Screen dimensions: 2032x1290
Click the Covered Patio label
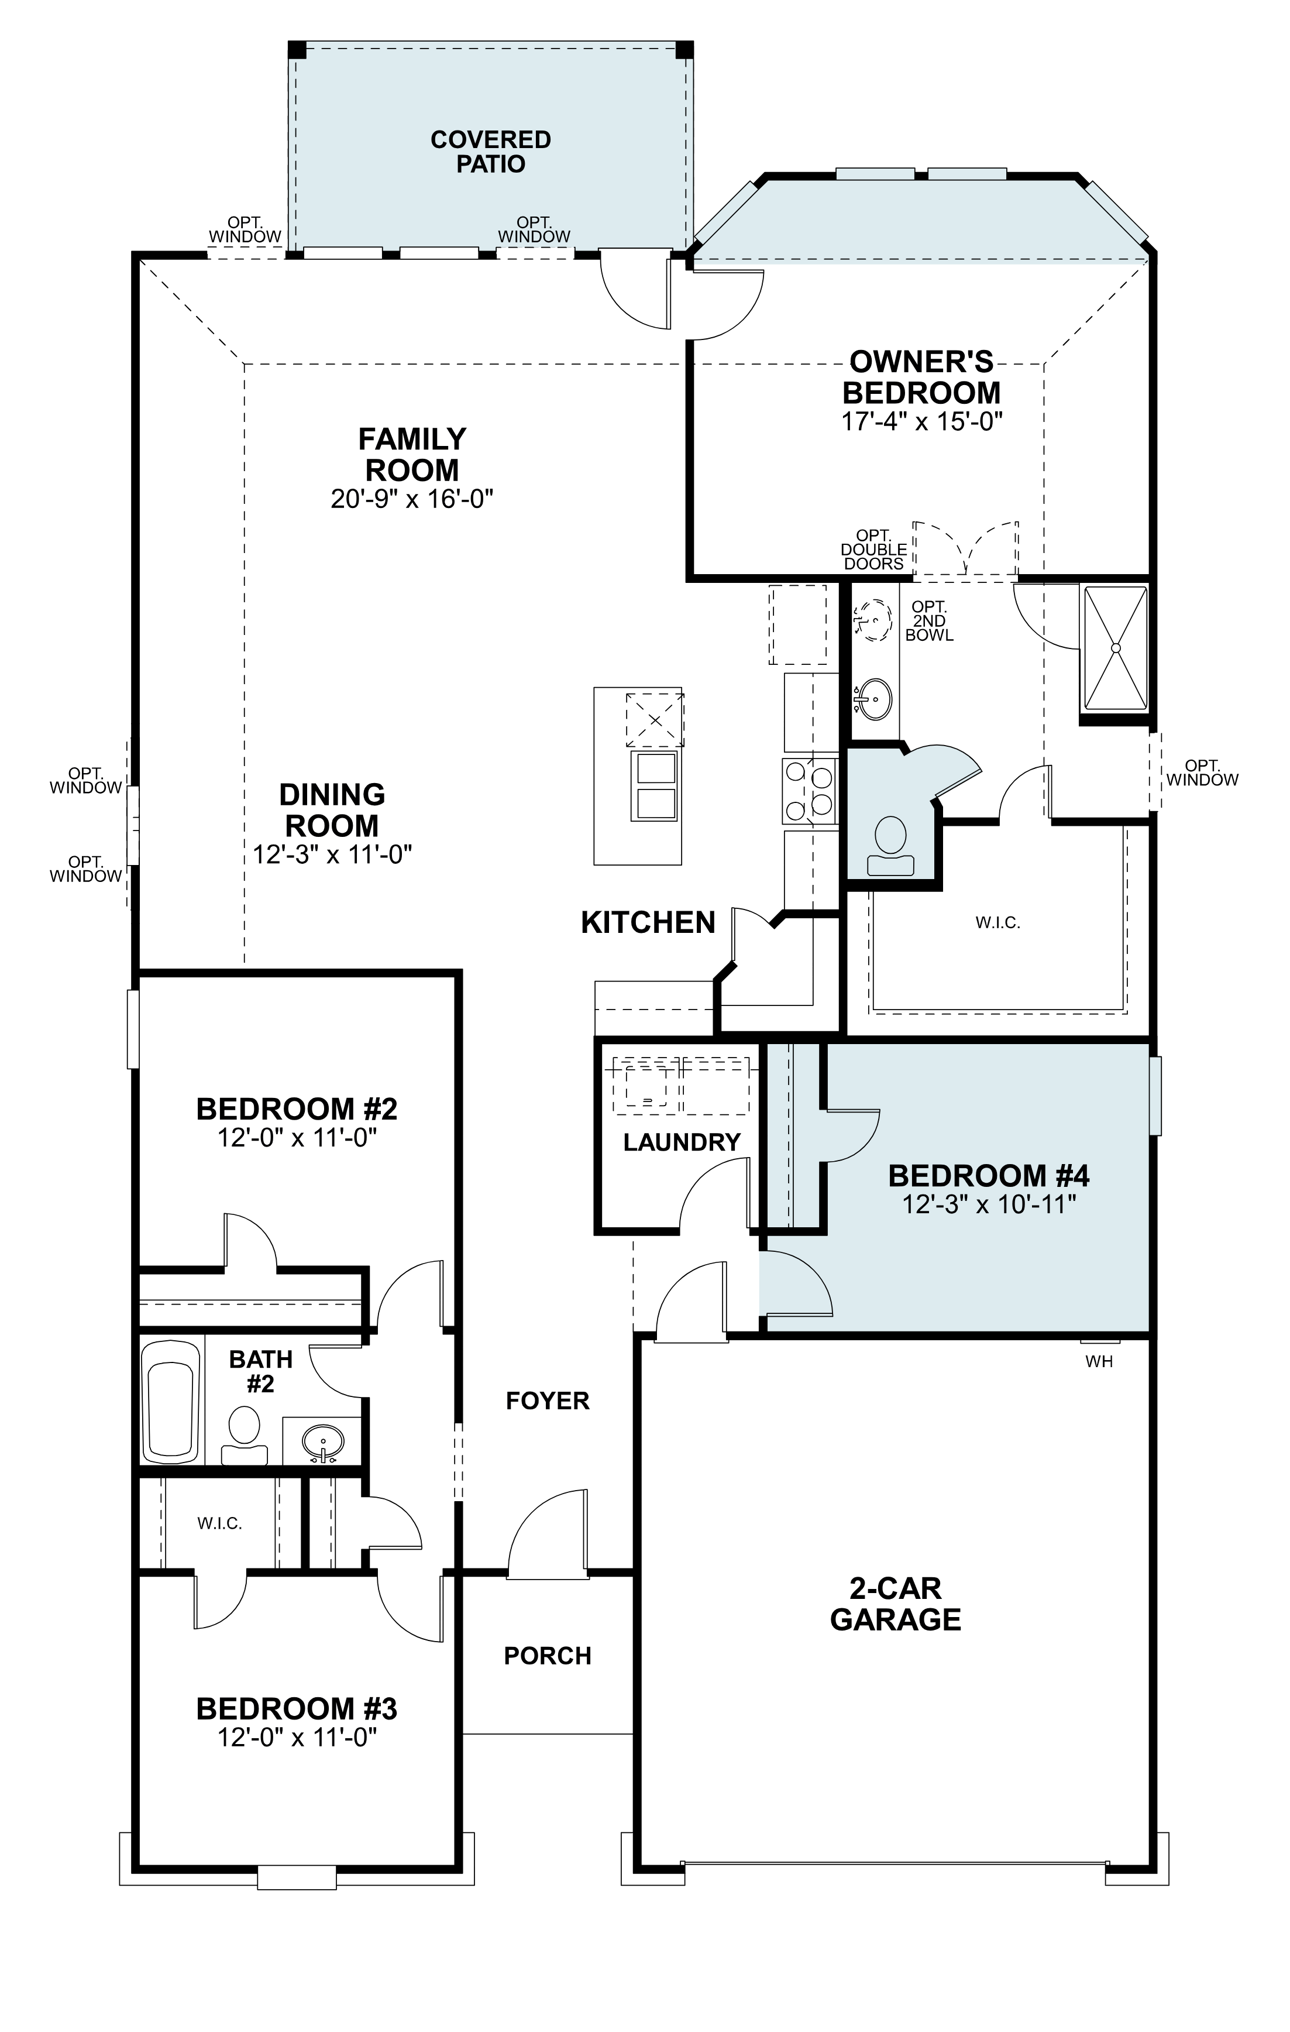tap(490, 152)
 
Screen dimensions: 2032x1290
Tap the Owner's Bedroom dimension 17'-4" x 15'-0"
tap(921, 421)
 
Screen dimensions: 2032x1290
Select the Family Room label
tap(412, 454)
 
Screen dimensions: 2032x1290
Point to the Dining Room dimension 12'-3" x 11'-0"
tap(332, 855)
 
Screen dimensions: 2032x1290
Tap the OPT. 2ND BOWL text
tap(929, 621)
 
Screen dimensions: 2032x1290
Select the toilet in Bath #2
tap(244, 1436)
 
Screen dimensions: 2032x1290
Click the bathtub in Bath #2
tap(172, 1402)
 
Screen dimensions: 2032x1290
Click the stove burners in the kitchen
tap(809, 791)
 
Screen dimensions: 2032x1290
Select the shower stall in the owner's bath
tap(1114, 648)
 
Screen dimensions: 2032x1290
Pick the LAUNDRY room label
tap(681, 1142)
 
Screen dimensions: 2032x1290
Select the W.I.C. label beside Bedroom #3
tap(219, 1523)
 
